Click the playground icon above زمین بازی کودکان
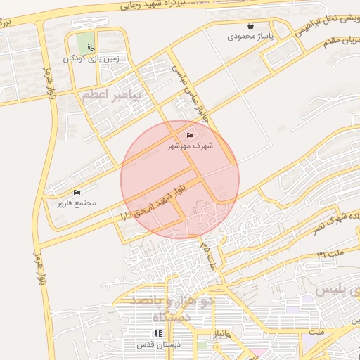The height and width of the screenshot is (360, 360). [89, 47]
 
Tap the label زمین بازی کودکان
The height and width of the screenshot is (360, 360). [89, 60]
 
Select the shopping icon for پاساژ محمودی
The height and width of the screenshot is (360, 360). [250, 25]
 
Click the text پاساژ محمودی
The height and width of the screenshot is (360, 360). [250, 37]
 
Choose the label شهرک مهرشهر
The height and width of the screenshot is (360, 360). [190, 146]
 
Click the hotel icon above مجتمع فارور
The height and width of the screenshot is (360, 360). [77, 191]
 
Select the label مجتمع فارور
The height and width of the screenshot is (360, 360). [77, 202]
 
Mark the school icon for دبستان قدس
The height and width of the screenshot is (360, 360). [157, 334]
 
